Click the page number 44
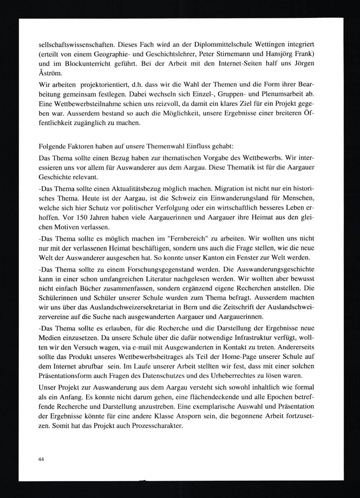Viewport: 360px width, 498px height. click(x=41, y=459)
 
